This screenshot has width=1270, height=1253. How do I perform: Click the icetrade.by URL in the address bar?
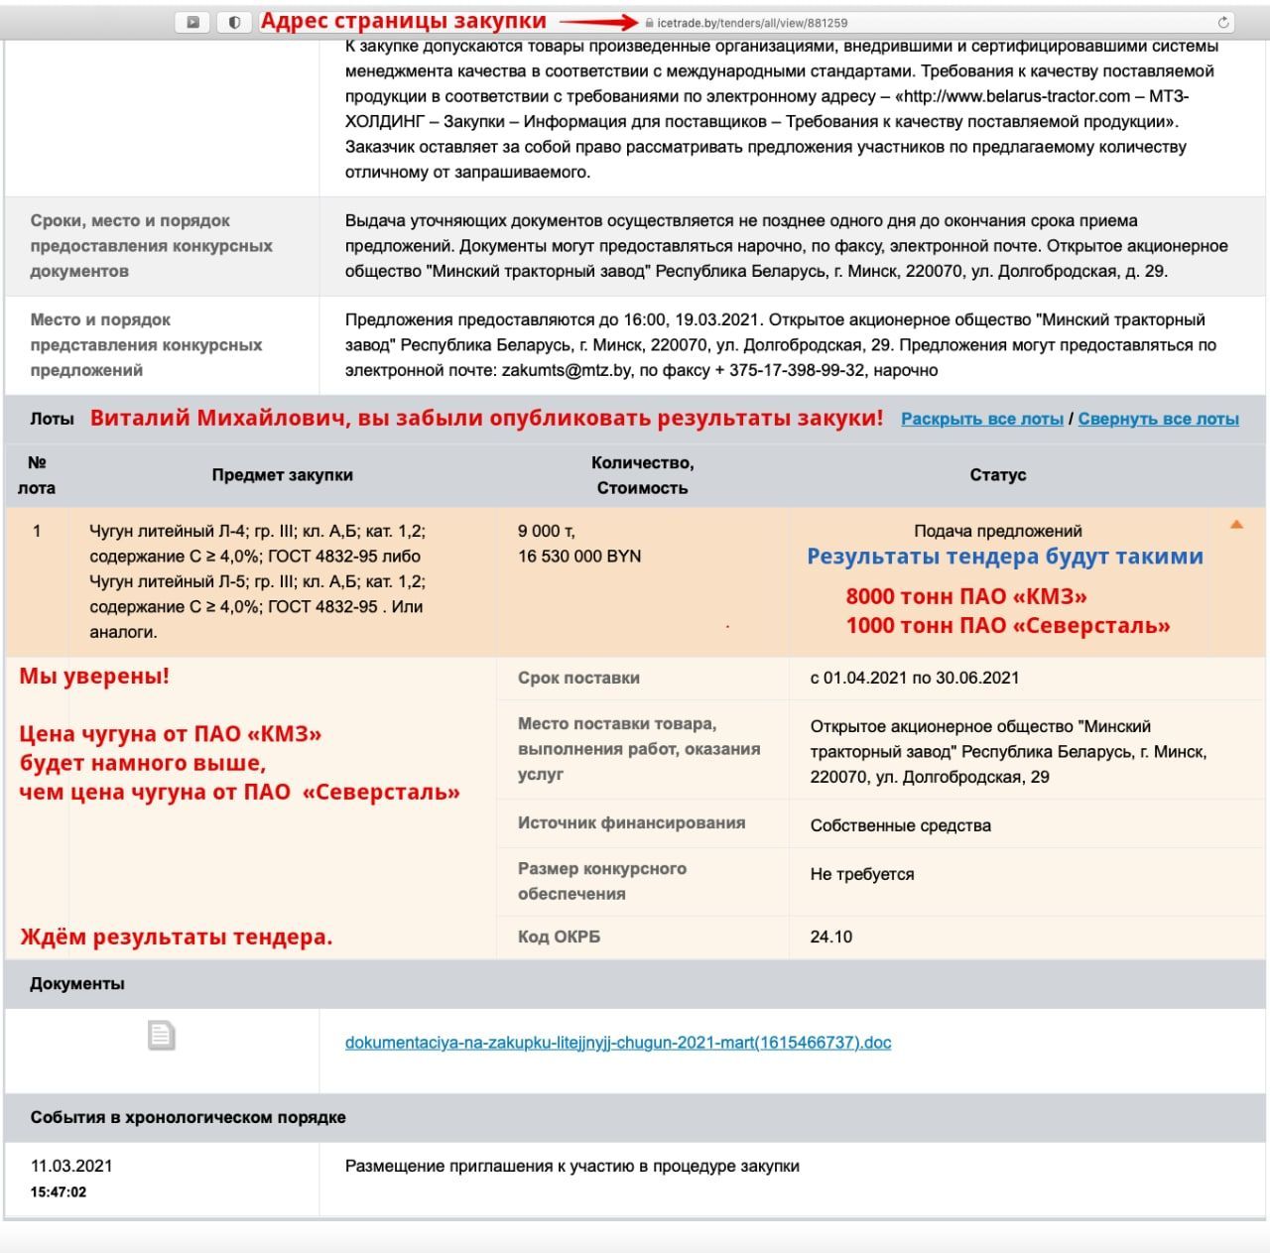pos(752,22)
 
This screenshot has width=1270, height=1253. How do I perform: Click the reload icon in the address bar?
pos(1223,22)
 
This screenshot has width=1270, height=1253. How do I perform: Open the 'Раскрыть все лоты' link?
pos(981,419)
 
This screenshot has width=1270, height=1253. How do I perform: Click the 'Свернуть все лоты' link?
pos(1158,419)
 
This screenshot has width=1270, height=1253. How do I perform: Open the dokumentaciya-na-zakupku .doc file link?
pos(618,1043)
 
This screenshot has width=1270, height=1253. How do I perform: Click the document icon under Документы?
pos(161,1035)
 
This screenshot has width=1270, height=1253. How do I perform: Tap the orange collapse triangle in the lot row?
pos(1236,524)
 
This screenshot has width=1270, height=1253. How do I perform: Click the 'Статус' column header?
pos(997,475)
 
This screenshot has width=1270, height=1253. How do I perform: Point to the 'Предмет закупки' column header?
pos(282,475)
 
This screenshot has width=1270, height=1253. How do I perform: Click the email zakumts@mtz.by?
pos(567,370)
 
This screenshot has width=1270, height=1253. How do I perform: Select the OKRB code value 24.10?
pos(830,937)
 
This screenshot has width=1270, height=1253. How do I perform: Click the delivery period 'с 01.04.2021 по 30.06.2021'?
pos(914,679)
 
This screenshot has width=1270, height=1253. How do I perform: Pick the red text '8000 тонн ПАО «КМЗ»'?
pos(965,596)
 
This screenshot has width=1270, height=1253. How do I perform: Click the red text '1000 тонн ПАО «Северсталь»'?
pos(1007,626)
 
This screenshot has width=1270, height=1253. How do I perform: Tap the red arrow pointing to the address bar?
pos(598,21)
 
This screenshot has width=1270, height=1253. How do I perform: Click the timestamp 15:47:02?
pos(58,1192)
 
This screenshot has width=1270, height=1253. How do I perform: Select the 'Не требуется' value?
pos(861,874)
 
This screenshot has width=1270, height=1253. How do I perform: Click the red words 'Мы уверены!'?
pos(94,677)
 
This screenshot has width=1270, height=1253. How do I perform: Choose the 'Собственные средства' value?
pos(900,825)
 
